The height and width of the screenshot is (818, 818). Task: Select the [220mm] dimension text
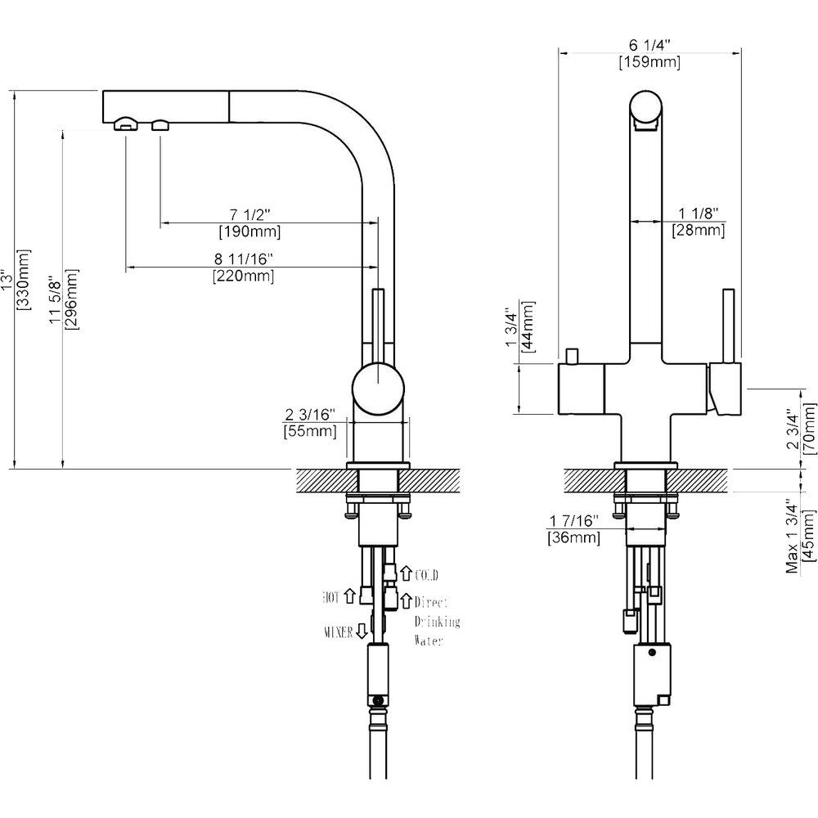pyautogui.click(x=242, y=276)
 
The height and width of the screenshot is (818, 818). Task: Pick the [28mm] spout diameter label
pyautogui.click(x=698, y=230)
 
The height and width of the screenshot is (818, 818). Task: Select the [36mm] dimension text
pyautogui.click(x=573, y=537)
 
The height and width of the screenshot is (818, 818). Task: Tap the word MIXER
pyautogui.click(x=338, y=631)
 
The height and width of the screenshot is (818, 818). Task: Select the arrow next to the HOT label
pyautogui.click(x=351, y=596)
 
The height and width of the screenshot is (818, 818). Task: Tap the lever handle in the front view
pyautogui.click(x=724, y=327)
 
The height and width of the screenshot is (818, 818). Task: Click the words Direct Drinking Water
pyautogui.click(x=437, y=621)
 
